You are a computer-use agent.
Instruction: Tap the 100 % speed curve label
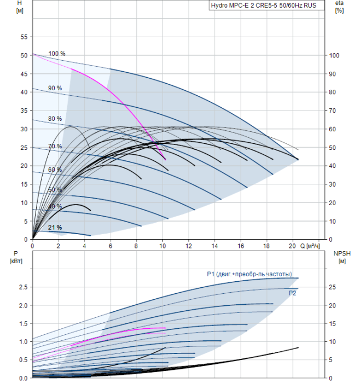tap(56, 54)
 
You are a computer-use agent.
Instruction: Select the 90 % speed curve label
tap(55, 88)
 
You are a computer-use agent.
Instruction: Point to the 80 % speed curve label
tap(55, 119)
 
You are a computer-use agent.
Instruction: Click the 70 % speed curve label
tap(55, 147)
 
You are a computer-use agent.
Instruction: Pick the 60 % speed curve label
tap(55, 170)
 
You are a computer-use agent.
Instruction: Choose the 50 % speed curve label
tap(55, 190)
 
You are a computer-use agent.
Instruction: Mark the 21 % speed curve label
tap(55, 228)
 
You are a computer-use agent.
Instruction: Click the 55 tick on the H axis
tap(24, 37)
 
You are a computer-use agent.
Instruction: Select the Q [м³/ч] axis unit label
tap(312, 246)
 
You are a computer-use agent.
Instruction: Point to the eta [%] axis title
tap(339, 7)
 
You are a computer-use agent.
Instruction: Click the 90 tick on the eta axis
tap(333, 74)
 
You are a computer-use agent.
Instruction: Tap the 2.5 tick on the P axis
tap(22, 287)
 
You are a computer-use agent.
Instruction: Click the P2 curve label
tap(293, 293)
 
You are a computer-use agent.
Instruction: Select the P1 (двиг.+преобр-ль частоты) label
tap(249, 274)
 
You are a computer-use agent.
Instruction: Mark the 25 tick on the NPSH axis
tap(332, 287)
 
